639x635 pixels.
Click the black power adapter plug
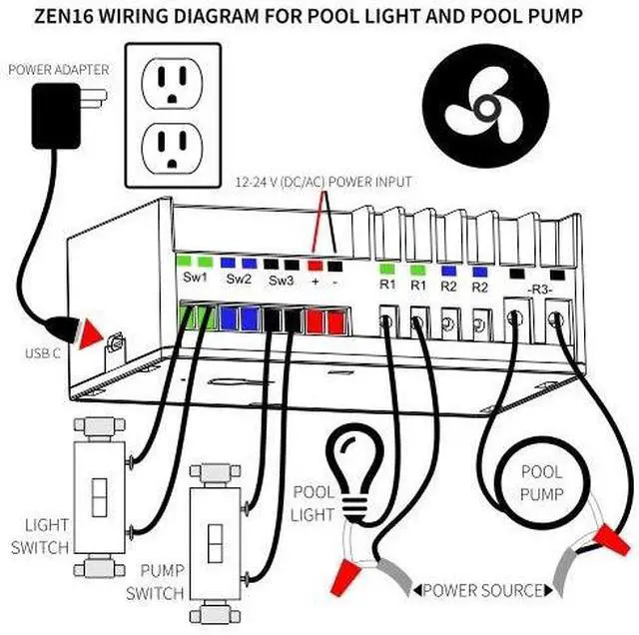(x=59, y=115)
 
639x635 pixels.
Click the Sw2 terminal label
(x=240, y=280)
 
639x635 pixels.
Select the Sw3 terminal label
(x=282, y=280)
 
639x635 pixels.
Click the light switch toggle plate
(x=100, y=491)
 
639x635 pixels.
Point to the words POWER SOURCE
(x=484, y=590)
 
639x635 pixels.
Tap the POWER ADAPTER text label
(x=57, y=70)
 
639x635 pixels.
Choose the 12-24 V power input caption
(x=322, y=183)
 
